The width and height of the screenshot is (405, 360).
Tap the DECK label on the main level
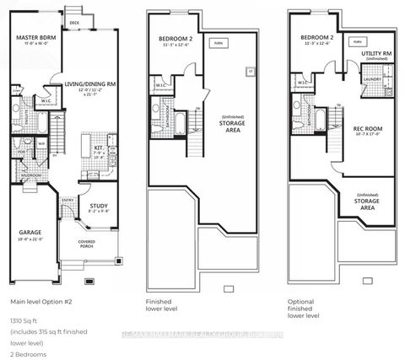click(x=75, y=23)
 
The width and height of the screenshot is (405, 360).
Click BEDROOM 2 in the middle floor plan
click(x=175, y=39)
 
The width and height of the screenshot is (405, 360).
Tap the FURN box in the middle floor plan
click(x=219, y=40)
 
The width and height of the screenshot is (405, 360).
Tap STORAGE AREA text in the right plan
click(x=367, y=204)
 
